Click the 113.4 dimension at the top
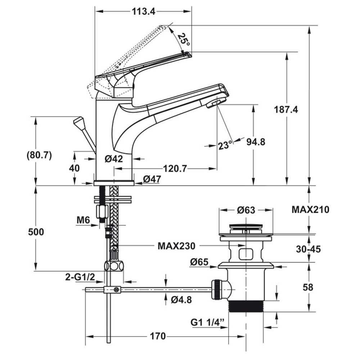[x=143, y=12]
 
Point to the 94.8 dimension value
[x=256, y=142]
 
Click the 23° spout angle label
[x=225, y=145]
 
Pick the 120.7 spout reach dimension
[x=175, y=168]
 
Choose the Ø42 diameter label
[x=114, y=158]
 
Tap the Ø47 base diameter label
[x=152, y=179]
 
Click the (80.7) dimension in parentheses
[x=40, y=156]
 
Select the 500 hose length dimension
[x=36, y=232]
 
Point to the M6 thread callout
[x=84, y=220]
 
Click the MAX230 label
[x=176, y=246]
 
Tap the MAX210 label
[x=310, y=209]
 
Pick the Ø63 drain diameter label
[x=246, y=210]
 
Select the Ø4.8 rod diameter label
[x=181, y=300]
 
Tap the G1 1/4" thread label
[x=208, y=321]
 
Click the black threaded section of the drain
[x=246, y=306]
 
